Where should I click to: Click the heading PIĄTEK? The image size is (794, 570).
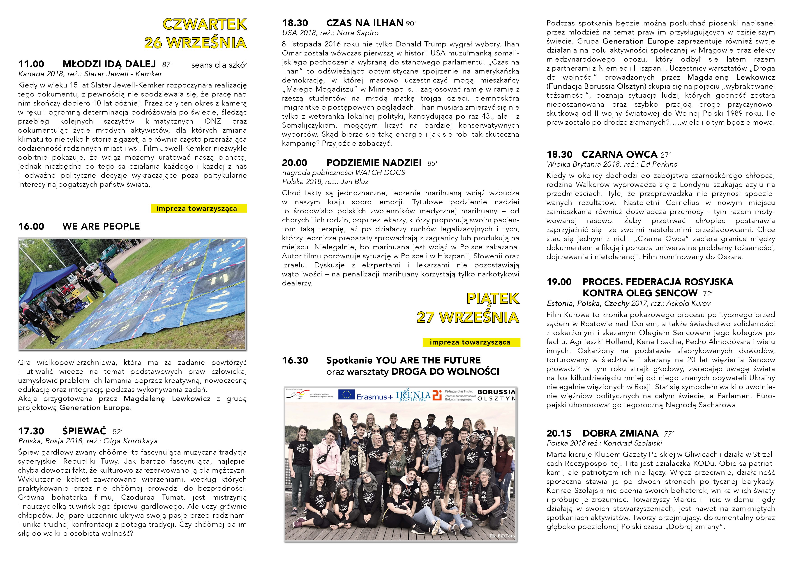[x=493, y=299]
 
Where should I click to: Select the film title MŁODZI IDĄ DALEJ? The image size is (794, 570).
[x=109, y=64]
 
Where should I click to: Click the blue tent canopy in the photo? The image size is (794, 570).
[x=49, y=280]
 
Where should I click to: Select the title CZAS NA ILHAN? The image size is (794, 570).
[x=365, y=23]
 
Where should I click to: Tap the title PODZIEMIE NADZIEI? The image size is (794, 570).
[x=374, y=163]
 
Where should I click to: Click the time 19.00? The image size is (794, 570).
[x=559, y=282]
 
